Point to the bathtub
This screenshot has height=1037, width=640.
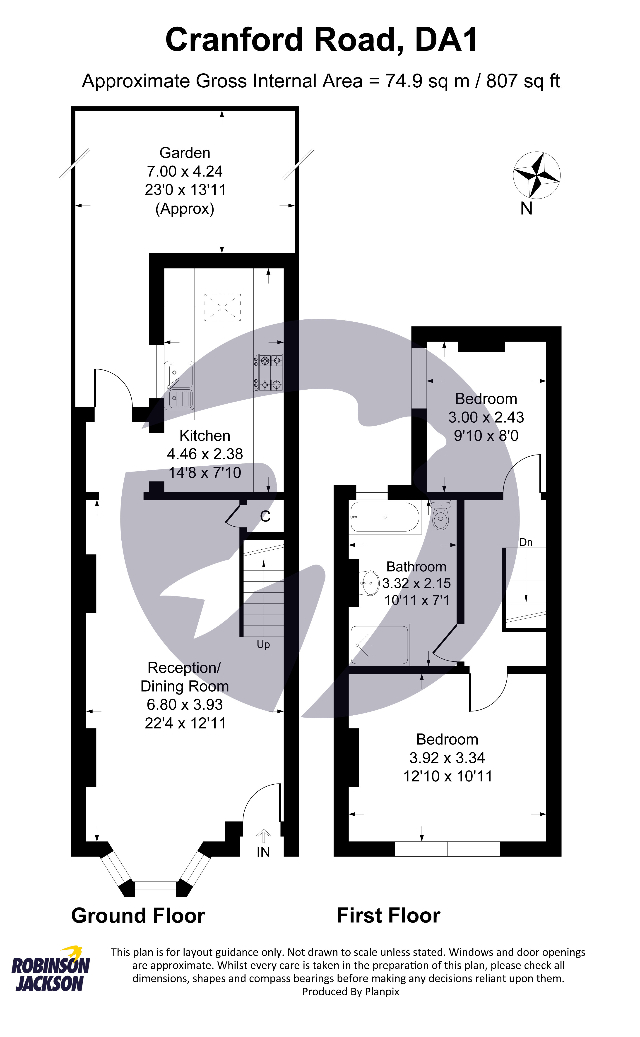[385, 517]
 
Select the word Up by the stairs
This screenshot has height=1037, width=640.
[263, 645]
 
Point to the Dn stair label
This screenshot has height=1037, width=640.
[526, 542]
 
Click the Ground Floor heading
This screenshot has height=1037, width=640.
[138, 916]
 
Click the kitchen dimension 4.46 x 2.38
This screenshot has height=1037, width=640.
[205, 454]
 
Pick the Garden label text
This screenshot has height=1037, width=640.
[185, 153]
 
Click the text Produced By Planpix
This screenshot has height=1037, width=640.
[351, 992]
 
